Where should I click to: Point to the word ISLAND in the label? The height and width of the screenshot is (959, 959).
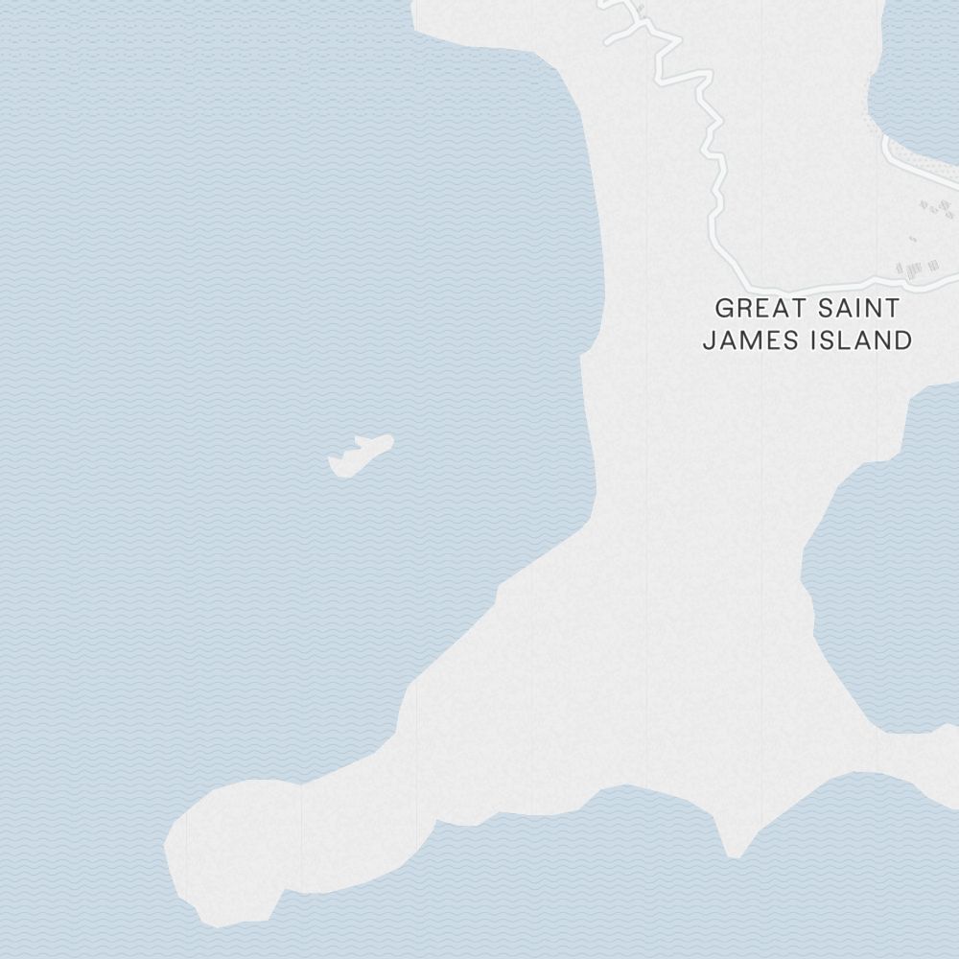click(858, 340)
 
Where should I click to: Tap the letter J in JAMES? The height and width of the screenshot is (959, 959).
click(710, 340)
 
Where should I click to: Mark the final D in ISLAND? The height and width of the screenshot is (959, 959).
click(902, 340)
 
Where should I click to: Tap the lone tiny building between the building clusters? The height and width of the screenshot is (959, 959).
click(912, 239)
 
